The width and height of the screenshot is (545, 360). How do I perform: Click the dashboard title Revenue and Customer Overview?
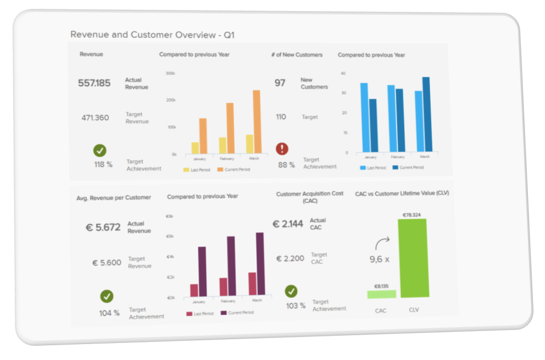click(152, 35)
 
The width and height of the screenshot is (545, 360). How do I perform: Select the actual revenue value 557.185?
click(94, 83)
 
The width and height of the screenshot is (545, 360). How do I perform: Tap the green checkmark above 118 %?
click(100, 150)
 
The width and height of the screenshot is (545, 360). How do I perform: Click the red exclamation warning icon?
click(282, 149)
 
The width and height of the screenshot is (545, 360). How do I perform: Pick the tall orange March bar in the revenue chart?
click(257, 122)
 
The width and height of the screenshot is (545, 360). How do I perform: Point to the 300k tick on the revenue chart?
click(171, 73)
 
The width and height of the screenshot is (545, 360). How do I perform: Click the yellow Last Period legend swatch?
click(187, 170)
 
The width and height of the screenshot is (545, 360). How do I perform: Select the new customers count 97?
click(280, 83)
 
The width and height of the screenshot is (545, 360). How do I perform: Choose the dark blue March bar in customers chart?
click(426, 114)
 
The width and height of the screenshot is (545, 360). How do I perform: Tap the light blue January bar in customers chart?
click(364, 117)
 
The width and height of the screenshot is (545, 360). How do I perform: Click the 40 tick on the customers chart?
click(343, 73)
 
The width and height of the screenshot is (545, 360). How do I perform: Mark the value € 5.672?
click(103, 227)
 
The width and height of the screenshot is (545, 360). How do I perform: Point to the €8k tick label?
click(170, 216)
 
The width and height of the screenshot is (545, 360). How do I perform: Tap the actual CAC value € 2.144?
click(288, 224)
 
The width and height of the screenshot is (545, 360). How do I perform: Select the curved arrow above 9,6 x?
click(381, 243)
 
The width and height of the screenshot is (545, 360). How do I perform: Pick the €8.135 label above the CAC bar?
click(382, 285)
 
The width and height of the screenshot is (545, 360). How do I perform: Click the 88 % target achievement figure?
click(286, 165)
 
